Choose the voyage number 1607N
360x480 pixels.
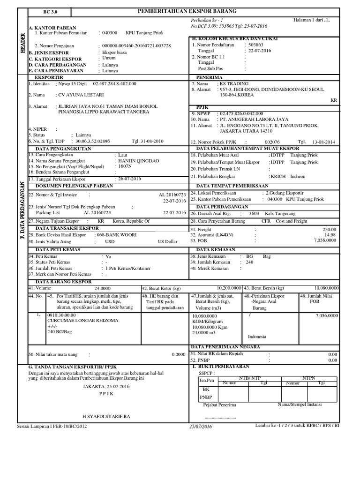[x=124, y=166]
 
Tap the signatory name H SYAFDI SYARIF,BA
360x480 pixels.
[x=106, y=416]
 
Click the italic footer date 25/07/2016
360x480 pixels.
[x=201, y=426]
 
